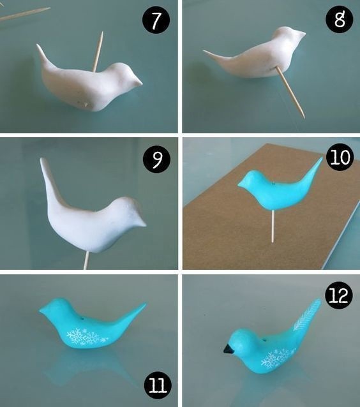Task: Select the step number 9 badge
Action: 156,159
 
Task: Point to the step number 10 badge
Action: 340,157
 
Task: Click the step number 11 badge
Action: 158,385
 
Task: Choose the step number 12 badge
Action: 339,295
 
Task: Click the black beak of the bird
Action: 229,349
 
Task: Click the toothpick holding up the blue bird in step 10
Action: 273,226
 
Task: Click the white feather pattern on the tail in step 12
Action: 307,314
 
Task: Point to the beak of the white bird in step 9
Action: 141,223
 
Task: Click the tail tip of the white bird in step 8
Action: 204,52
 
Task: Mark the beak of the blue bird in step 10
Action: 241,184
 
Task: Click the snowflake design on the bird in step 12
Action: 278,358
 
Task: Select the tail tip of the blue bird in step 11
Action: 144,304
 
